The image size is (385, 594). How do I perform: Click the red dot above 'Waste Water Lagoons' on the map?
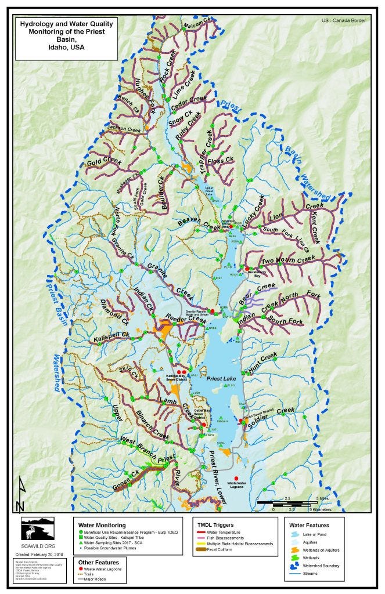click(236, 477)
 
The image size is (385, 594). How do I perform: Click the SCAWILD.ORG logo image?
click(38, 530)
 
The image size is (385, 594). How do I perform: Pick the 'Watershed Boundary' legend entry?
click(320, 565)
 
